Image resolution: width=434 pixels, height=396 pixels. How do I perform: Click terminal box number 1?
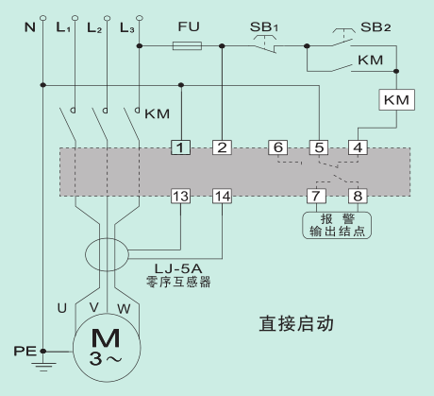[180, 147]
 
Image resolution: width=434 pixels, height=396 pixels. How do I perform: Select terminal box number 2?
[221, 147]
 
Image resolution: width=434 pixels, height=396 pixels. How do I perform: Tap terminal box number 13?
[180, 196]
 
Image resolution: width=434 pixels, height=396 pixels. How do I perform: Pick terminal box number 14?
[221, 196]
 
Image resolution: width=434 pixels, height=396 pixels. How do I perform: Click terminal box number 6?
[276, 147]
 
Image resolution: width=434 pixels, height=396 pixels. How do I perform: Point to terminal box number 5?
[318, 147]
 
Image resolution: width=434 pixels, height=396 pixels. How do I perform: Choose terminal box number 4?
[358, 147]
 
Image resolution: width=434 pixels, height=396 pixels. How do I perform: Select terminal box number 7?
[318, 196]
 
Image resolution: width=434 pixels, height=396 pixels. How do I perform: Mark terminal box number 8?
[358, 196]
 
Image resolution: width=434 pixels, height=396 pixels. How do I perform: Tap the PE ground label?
[23, 351]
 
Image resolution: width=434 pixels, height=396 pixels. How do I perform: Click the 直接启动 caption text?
[301, 322]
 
